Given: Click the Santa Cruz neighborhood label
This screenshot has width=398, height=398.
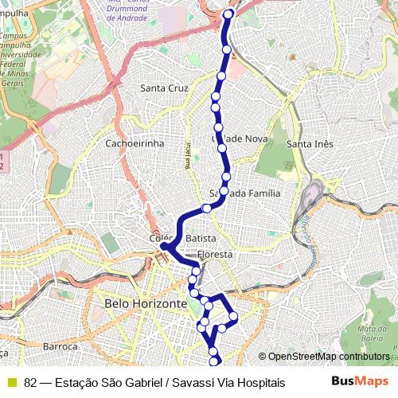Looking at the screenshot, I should pos(164,88).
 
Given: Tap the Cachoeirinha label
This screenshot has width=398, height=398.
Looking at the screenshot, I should pos(135,143).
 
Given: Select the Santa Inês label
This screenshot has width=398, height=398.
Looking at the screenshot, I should pos(309,143).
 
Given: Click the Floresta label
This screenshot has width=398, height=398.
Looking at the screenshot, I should pos(216,255).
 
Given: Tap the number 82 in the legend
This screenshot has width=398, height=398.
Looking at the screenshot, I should pos(30,383).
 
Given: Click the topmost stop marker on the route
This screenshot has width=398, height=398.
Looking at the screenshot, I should pos(229,14).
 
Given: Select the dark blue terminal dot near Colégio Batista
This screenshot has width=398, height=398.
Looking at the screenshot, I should pos(164,247).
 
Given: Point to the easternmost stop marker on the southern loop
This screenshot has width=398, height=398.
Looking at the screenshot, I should pos(233,318).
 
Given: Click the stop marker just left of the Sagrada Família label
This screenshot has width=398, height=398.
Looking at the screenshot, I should pos(207,209).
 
